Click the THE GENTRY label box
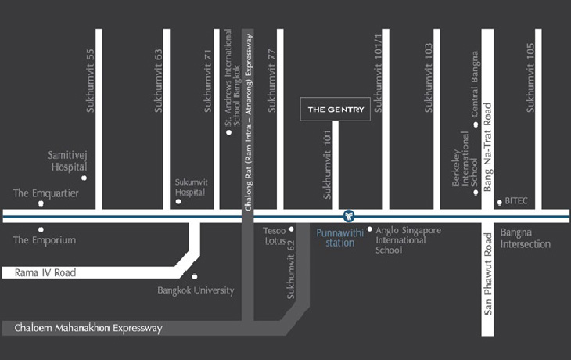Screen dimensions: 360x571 (x=336, y=110)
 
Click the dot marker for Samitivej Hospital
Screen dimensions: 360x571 (x=84, y=178)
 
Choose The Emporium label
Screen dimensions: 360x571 (x=44, y=240)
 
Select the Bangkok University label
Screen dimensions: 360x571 (x=196, y=290)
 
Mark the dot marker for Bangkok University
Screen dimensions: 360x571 (x=195, y=276)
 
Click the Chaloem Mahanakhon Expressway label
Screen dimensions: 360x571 (x=87, y=329)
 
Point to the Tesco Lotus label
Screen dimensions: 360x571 (x=274, y=236)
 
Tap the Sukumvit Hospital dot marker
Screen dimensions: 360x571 (x=178, y=202)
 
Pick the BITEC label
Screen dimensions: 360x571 (x=516, y=201)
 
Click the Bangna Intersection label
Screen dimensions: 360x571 (x=526, y=238)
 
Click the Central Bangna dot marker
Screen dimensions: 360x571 (x=475, y=124)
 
